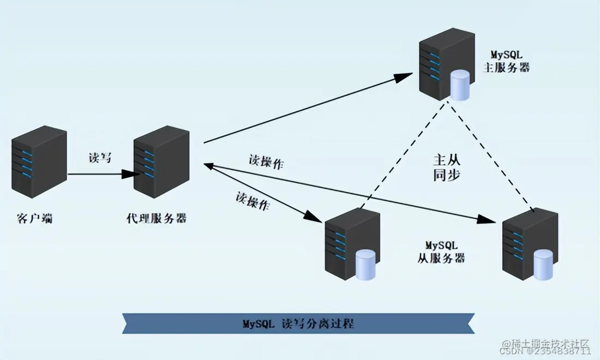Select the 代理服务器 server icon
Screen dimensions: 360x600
[161, 164]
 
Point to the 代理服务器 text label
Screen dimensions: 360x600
[156, 219]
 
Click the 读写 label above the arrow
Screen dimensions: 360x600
[100, 158]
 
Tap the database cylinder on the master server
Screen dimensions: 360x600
[459, 86]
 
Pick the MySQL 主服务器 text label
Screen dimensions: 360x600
[507, 62]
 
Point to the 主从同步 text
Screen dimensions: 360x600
[447, 167]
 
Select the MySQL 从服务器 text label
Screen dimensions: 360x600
[441, 251]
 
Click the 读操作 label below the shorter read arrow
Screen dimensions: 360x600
[253, 200]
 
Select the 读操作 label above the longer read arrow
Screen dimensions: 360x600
[266, 162]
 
